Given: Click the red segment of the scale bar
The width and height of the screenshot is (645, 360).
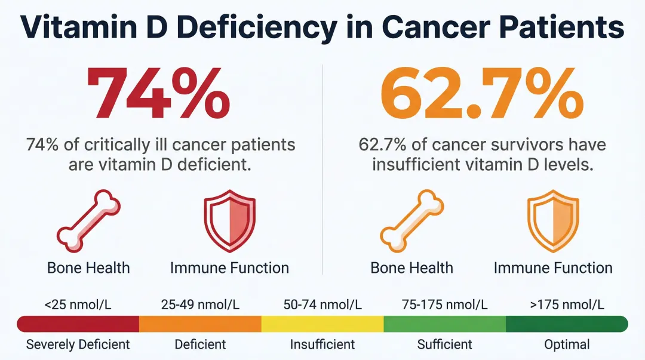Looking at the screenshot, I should click(x=78, y=324).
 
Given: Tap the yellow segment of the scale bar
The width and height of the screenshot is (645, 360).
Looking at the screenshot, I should click(x=322, y=324).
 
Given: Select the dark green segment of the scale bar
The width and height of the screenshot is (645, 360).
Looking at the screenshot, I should click(x=566, y=324).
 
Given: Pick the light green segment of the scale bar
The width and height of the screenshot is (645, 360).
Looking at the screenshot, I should click(x=444, y=324).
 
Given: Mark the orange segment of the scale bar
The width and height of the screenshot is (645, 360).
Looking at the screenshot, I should click(x=200, y=324).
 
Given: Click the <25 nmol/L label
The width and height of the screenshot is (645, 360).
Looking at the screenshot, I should click(x=78, y=304).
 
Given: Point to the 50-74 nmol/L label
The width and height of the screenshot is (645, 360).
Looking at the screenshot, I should click(x=322, y=304).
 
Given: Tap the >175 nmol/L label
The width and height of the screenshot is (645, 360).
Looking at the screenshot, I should click(x=567, y=304).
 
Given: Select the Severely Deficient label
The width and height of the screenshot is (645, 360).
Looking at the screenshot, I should click(x=78, y=344).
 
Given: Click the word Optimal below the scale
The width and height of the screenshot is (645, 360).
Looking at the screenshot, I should click(x=567, y=344).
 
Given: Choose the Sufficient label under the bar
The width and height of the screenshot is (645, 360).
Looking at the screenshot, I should click(x=444, y=344).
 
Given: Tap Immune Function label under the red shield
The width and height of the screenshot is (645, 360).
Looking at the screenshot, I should click(x=229, y=268).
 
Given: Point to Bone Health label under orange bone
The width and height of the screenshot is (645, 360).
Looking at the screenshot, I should click(x=411, y=268).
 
